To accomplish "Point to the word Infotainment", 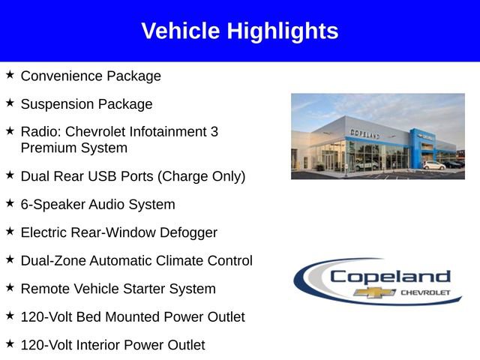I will pos(169,132).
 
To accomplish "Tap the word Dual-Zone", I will pos(53,261).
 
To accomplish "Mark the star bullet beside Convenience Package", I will pos(10,75).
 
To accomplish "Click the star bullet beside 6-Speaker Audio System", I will pos(10,203).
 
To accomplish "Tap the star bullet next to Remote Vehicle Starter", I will pos(10,287).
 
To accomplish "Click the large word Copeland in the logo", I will pos(390,277).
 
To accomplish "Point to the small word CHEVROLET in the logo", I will pos(426,292).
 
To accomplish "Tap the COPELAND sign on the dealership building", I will pos(365,133).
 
